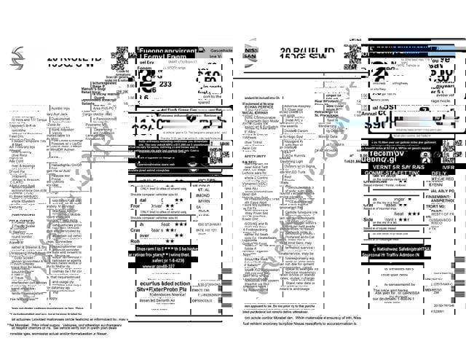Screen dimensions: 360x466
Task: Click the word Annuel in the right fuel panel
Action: tap(379, 113)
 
